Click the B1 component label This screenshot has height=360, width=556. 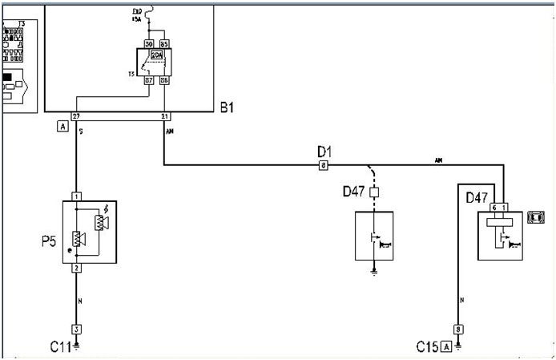(x=229, y=106)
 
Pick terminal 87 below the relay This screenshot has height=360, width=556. (x=148, y=80)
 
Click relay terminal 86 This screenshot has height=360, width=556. (x=163, y=80)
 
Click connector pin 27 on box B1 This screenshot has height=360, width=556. (x=77, y=116)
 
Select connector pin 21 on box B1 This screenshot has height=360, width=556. (x=164, y=116)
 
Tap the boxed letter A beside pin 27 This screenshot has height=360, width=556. (x=62, y=127)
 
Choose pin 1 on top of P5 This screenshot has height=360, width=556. (x=76, y=196)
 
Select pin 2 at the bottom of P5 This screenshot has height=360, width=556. (x=76, y=268)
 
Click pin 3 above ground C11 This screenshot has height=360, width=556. (x=76, y=329)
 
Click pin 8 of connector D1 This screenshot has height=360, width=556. (x=323, y=166)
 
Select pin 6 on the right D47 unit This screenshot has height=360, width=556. (x=494, y=208)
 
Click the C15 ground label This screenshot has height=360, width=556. (x=426, y=346)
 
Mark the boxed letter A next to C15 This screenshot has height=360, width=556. (x=445, y=346)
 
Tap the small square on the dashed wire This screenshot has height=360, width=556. (x=373, y=193)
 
